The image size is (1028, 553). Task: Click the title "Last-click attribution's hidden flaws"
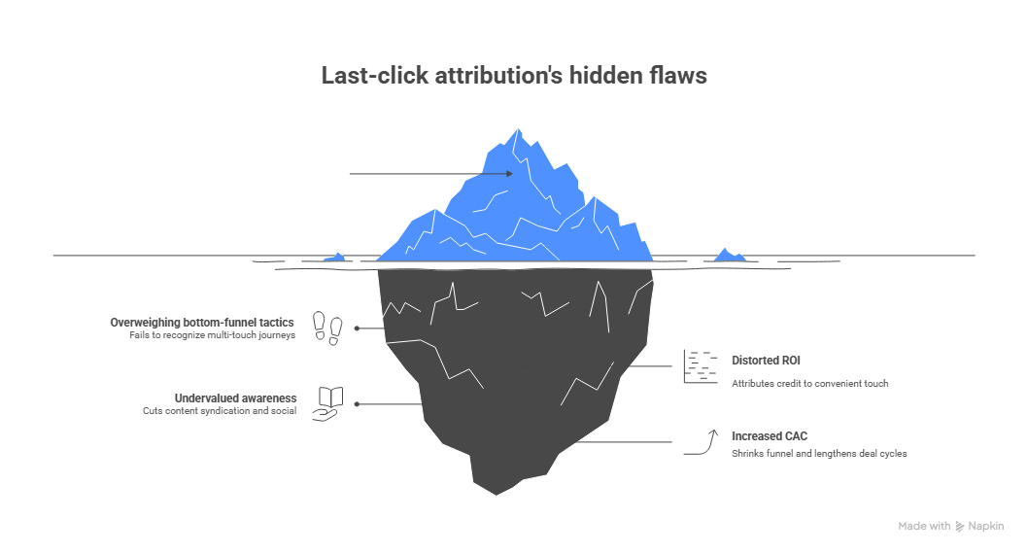tap(514, 76)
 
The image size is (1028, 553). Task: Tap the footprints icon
tap(327, 328)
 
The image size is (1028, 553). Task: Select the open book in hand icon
tap(328, 402)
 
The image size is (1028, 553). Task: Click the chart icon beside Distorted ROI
tap(700, 365)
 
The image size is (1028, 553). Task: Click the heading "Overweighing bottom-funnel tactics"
tap(202, 322)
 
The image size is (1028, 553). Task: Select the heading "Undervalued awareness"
tap(236, 397)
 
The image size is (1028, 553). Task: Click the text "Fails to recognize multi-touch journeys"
tap(212, 335)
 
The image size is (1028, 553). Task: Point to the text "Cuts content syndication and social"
tap(219, 411)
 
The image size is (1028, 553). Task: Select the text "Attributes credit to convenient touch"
tap(809, 383)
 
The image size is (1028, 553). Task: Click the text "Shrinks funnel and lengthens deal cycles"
tap(819, 454)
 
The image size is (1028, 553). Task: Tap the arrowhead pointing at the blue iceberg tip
tap(508, 174)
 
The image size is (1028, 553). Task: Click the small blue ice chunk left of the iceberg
tap(336, 257)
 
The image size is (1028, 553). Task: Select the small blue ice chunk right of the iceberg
tap(729, 256)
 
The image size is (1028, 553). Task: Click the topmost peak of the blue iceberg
tap(520, 129)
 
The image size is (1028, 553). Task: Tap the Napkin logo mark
tap(960, 526)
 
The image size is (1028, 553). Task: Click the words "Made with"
tap(924, 526)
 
